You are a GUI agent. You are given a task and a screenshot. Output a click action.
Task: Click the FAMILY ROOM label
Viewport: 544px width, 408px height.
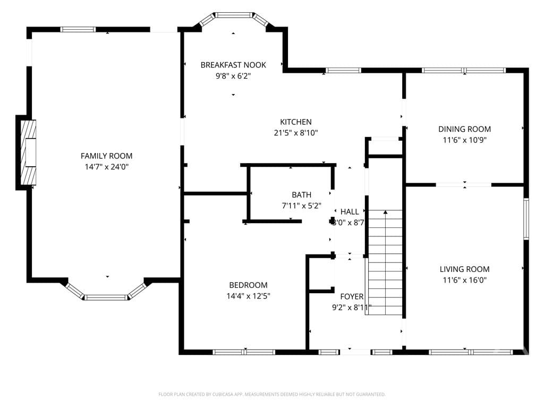pos(106,156)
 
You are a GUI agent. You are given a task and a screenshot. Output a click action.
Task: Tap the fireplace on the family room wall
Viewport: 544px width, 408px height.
pos(28,152)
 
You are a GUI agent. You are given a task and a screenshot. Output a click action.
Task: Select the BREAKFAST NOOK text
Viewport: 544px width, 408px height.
pos(233,65)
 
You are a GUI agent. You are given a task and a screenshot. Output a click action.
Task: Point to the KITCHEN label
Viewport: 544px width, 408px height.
pos(295,122)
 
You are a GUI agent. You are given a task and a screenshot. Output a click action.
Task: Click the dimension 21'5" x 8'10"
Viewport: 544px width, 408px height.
pos(295,132)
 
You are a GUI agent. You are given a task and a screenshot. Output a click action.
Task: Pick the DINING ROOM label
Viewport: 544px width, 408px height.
pos(464,129)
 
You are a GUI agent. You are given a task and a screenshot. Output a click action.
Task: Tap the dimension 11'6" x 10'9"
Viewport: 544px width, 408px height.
pos(464,140)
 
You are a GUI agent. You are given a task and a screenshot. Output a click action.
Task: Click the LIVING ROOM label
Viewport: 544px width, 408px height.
pos(464,269)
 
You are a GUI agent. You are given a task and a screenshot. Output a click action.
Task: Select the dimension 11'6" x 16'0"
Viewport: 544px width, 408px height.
pos(464,280)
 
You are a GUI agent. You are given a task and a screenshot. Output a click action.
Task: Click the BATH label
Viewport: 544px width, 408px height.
pos(302,195)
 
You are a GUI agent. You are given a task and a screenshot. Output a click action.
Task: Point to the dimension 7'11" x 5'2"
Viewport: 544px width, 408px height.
pos(302,206)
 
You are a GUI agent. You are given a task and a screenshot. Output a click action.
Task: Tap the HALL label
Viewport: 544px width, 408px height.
pos(350,211)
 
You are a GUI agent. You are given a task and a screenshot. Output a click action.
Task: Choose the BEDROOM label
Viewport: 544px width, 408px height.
pos(249,285)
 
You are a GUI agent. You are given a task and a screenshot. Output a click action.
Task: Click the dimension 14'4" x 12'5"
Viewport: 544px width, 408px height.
pos(249,296)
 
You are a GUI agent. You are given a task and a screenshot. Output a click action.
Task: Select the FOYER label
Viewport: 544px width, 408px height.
pos(352,296)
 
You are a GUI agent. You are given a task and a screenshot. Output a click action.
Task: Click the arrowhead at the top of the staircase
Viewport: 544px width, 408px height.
pos(386,212)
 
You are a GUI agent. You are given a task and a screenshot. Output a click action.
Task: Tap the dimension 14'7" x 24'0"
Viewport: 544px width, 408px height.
pos(106,167)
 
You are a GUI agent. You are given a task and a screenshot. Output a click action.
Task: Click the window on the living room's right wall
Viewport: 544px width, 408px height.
pos(526,218)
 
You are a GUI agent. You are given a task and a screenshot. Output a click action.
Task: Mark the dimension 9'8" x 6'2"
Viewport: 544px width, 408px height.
pos(233,75)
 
